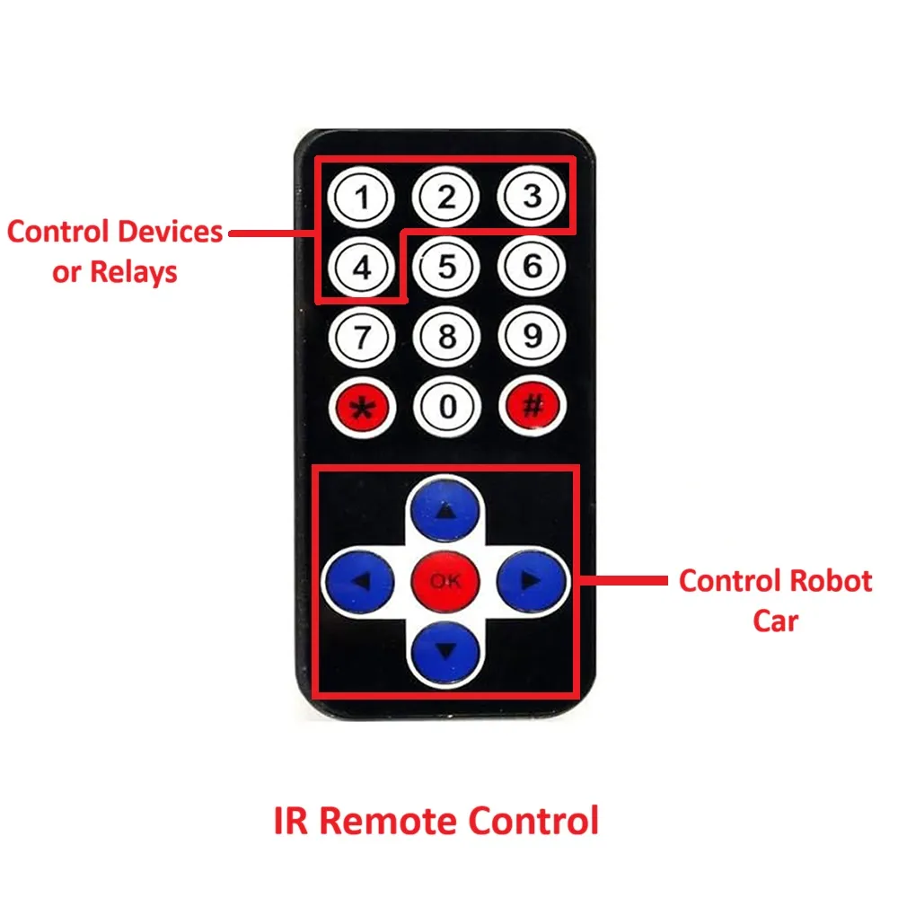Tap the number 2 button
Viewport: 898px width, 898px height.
tap(446, 197)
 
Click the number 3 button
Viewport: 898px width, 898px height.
tap(532, 197)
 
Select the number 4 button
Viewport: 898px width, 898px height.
tap(362, 267)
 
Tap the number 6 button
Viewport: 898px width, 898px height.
tap(532, 267)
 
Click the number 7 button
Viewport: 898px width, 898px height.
tap(362, 337)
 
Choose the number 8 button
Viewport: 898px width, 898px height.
tap(446, 337)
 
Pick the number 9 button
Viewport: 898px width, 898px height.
tap(532, 337)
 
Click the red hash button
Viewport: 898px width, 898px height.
tap(532, 407)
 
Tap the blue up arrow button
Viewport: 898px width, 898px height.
tap(446, 512)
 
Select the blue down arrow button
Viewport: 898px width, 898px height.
tap(446, 648)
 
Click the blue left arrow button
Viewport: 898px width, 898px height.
tap(359, 580)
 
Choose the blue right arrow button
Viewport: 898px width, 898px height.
tap(532, 580)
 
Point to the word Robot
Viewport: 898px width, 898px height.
tap(827, 581)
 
